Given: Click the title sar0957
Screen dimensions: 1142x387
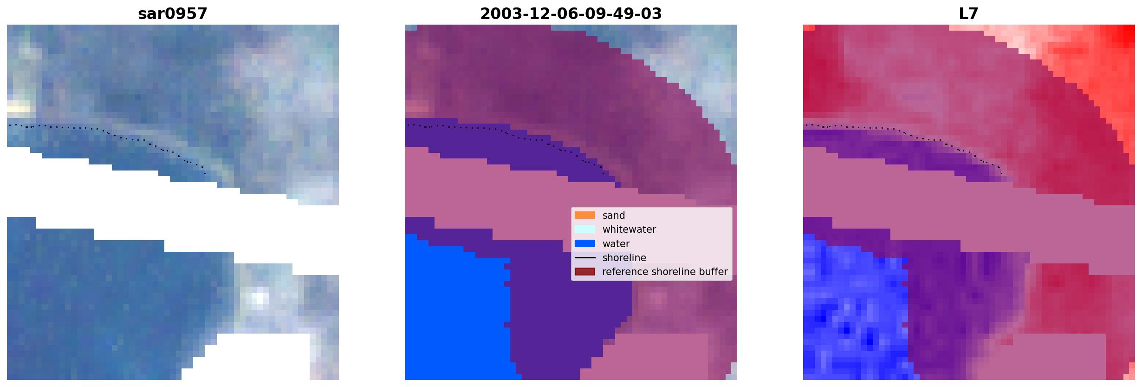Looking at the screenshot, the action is click(172, 14).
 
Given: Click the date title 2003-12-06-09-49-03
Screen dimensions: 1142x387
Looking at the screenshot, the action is click(571, 14).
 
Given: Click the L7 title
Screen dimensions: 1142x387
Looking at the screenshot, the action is click(968, 14).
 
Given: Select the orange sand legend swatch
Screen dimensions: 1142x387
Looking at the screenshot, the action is click(584, 215).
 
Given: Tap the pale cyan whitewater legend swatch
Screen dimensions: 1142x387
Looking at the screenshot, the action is click(584, 229).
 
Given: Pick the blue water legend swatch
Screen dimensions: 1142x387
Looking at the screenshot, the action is click(584, 243).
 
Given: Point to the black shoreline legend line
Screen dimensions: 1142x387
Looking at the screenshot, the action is click(584, 257).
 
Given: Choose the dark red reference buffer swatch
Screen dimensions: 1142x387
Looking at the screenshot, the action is click(584, 271).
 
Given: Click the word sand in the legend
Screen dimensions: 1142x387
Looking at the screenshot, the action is click(614, 216).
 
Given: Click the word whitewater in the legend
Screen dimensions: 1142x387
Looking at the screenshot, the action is click(629, 230).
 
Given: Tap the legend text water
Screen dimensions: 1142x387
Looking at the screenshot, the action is click(616, 244).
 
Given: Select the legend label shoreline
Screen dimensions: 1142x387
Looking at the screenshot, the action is click(624, 258).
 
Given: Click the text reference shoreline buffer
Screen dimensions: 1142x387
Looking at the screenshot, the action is click(665, 272).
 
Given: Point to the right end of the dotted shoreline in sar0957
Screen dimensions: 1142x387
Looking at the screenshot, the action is click(205, 174).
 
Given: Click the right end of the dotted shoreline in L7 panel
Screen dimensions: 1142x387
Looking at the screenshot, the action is click(1001, 174).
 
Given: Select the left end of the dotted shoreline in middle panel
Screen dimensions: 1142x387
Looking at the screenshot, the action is click(408, 125).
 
